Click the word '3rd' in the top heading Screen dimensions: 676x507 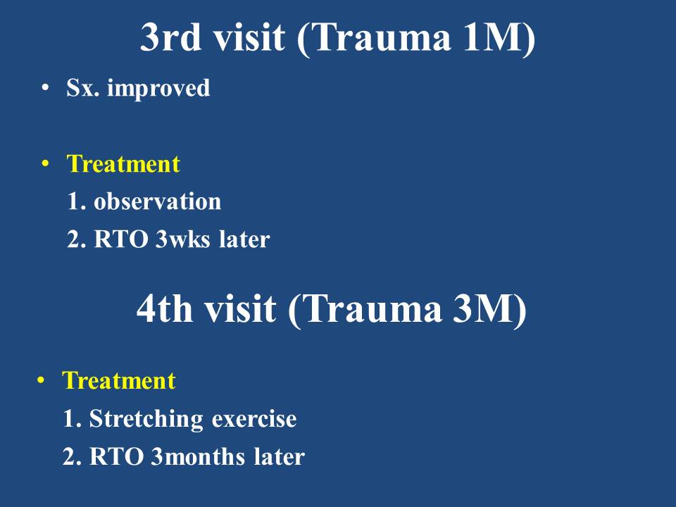[x=170, y=37]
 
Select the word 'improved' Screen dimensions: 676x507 [x=158, y=89]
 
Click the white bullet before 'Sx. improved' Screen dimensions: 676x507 [x=45, y=87]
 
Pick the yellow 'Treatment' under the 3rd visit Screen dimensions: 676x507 [x=123, y=164]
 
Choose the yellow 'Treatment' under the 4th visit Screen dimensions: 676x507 [x=119, y=381]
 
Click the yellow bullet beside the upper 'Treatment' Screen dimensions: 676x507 [x=45, y=164]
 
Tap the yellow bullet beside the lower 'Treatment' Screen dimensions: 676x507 [x=41, y=381]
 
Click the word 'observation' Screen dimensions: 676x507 [x=157, y=201]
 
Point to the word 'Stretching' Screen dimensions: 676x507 [x=146, y=419]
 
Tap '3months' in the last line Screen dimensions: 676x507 [x=198, y=457]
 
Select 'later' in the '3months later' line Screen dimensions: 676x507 [x=280, y=457]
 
